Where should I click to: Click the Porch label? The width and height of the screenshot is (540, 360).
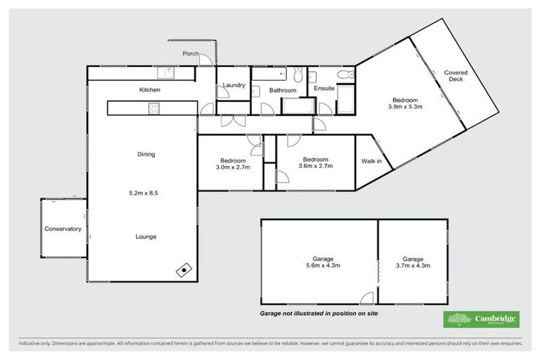tap(190, 53)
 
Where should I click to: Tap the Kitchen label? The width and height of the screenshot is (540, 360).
tap(149, 90)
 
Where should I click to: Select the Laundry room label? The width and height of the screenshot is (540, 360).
tap(233, 86)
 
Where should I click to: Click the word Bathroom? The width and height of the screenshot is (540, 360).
tap(283, 90)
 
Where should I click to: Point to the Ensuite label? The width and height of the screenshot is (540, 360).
tap(324, 89)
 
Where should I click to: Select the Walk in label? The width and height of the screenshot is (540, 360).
tap(371, 161)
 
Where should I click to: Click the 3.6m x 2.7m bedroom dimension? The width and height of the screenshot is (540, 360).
tap(315, 166)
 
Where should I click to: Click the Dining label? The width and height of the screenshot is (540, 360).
tap(146, 154)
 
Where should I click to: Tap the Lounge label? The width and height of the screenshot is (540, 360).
tap(146, 236)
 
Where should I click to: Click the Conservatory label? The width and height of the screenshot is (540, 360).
tap(63, 229)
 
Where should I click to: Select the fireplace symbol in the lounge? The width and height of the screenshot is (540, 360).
tap(184, 268)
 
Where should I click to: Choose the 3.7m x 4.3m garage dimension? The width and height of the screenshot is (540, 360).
tap(412, 266)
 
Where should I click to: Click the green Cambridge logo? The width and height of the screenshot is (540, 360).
tap(482, 319)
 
